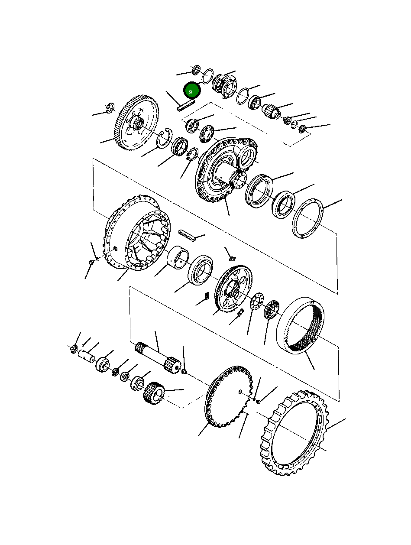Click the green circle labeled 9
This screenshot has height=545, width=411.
(x=191, y=91)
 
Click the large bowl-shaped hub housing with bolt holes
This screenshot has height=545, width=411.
(x=134, y=237)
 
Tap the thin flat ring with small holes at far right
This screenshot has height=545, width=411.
(x=308, y=217)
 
